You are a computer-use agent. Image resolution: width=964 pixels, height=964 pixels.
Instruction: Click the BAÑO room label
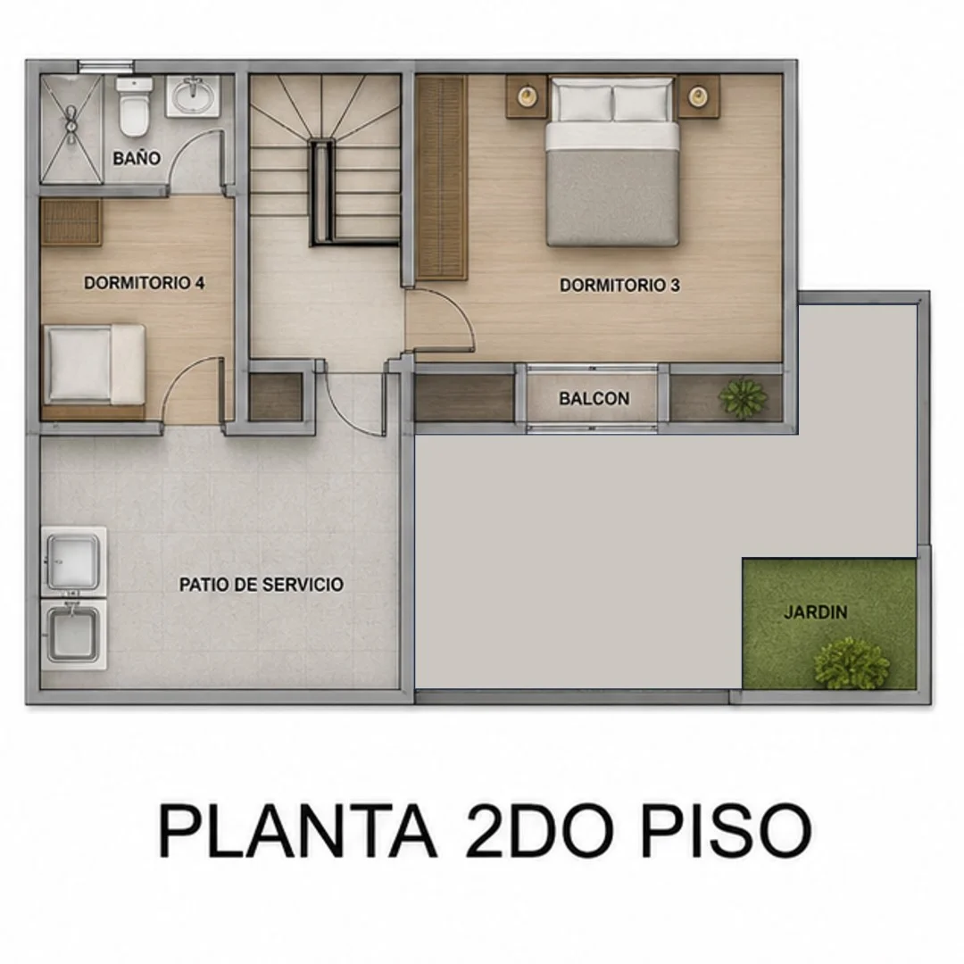(x=137, y=158)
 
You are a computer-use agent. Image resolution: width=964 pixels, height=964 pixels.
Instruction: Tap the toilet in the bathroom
(x=134, y=106)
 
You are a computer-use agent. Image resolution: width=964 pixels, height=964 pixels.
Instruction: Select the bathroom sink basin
(x=193, y=96)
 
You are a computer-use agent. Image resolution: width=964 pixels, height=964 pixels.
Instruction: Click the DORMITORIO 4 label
(x=145, y=283)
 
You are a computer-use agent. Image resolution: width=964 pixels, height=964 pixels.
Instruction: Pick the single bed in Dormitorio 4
(x=94, y=365)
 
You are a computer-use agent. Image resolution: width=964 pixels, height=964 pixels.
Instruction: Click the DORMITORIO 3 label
(x=619, y=286)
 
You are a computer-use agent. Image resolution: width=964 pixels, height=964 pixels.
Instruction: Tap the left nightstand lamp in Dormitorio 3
(x=527, y=96)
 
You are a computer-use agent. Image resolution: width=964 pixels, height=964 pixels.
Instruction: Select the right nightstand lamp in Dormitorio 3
(x=697, y=96)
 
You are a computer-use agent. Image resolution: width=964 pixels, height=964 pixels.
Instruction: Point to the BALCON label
(x=594, y=398)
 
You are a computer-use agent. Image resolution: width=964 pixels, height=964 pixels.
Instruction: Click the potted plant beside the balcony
(x=744, y=398)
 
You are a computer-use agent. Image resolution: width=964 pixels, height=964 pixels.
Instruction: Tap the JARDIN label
(x=816, y=612)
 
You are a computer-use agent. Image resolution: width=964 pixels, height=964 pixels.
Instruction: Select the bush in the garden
(x=852, y=663)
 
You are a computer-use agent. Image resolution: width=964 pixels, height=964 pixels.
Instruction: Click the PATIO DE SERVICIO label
(x=262, y=584)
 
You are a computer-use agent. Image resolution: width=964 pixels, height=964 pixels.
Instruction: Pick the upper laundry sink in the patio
(x=74, y=561)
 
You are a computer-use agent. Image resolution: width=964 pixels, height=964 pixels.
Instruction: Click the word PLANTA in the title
(x=298, y=830)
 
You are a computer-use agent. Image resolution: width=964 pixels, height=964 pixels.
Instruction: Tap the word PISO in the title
(x=726, y=830)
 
